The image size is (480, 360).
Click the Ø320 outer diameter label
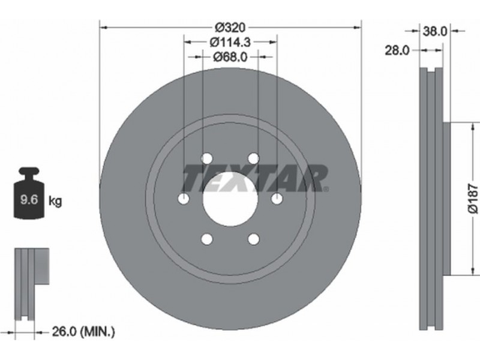point(230,28)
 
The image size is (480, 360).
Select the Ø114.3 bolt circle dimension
point(230,42)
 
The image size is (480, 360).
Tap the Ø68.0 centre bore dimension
point(230,56)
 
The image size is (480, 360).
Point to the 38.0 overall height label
point(434,31)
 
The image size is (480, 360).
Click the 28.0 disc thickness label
point(397,50)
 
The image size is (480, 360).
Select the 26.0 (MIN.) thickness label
point(83,331)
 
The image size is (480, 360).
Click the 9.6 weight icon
point(29,193)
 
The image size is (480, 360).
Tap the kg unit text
point(55,201)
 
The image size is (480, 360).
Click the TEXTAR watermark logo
point(256,178)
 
